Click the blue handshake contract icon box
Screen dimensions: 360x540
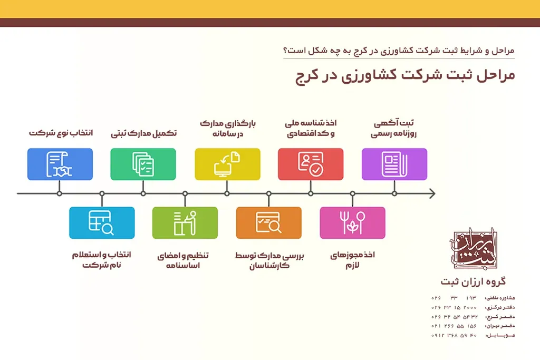coord(60,164)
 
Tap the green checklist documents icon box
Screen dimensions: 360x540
coord(143,164)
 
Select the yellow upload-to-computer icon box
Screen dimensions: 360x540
coord(227,164)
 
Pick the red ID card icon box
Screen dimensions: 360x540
coord(311,164)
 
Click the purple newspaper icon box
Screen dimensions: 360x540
coord(394,164)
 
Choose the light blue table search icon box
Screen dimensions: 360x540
coord(102,222)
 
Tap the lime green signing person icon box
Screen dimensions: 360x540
coord(185,222)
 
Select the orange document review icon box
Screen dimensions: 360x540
coord(268,222)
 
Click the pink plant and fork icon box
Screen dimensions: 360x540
coord(352,222)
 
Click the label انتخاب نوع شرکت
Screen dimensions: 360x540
coord(61,133)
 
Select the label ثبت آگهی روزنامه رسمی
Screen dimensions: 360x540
coord(394,129)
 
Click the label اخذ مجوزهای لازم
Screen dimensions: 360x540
coord(352,260)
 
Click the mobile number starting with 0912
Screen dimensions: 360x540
coord(454,335)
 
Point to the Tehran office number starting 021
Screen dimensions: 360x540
coord(454,326)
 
